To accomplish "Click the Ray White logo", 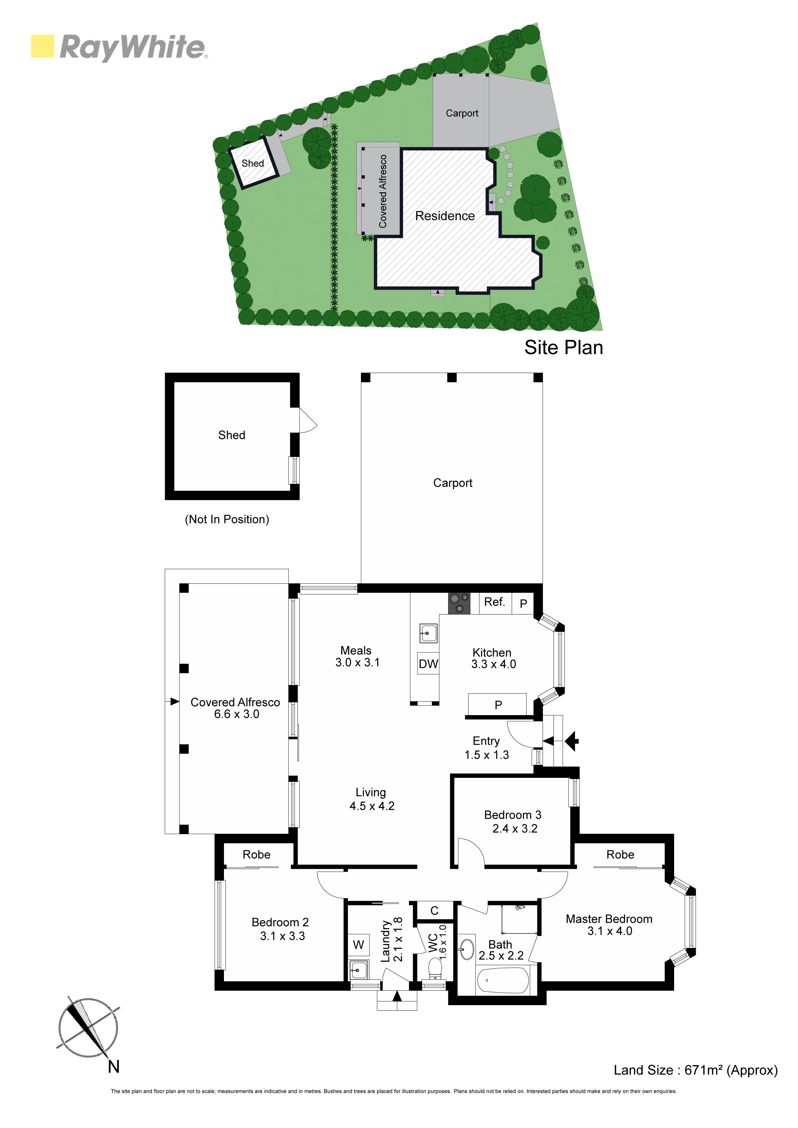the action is coord(119,48).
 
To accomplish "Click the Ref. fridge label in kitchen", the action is coord(495,602).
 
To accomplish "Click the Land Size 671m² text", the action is coord(695,1070).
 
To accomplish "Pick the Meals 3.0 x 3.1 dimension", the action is coord(357,662).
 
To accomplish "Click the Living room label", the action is coord(371,792).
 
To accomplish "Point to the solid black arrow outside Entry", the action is coord(572,741).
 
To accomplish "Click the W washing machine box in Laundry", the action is coord(358,944).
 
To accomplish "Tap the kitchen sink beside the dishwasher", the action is coord(428,633).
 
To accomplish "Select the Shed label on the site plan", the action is coord(253,163).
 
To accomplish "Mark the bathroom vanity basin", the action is coord(467,950).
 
